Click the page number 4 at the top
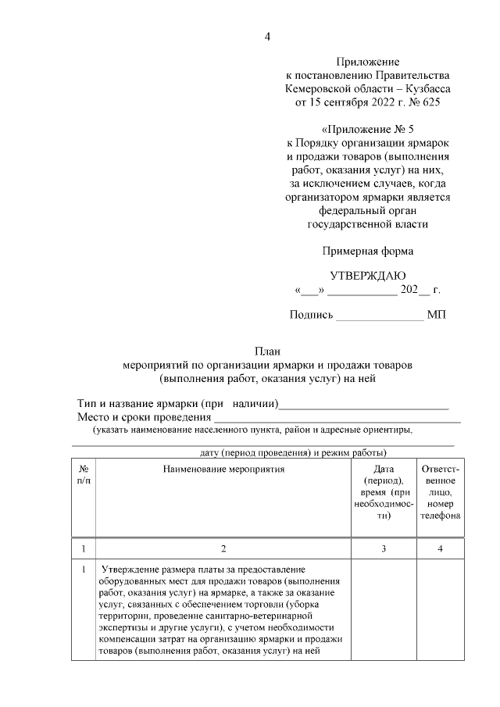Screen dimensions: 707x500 [267, 36]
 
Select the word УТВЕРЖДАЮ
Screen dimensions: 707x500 [367, 275]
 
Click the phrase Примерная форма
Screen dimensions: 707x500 [367, 251]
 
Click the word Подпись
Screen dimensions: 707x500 [311, 315]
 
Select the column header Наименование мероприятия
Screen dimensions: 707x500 [224, 469]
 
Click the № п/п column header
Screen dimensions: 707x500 [84, 474]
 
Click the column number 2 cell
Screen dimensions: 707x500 [224, 548]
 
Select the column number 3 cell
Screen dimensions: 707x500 [383, 548]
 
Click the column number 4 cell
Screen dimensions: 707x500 [440, 548]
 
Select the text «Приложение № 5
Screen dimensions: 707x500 [367, 129]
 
